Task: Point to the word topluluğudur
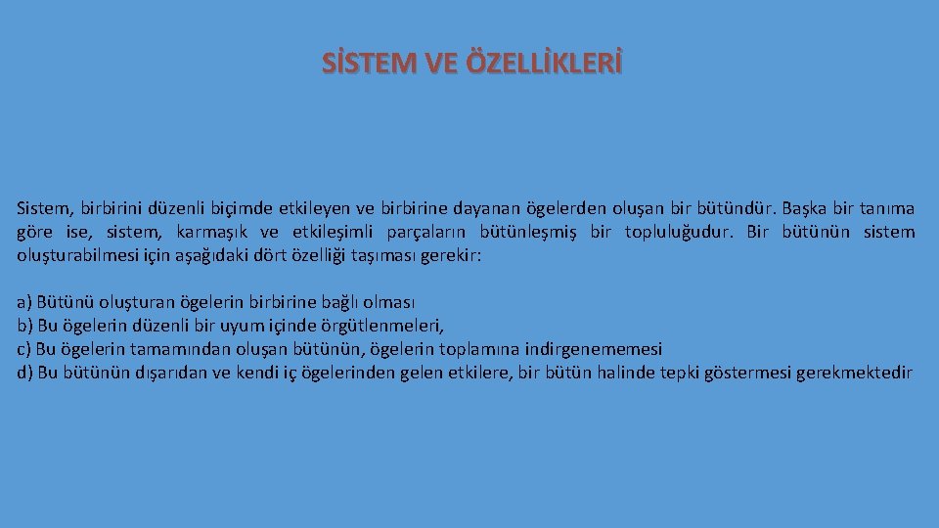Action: coord(684,233)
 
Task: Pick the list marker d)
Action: coord(24,373)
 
